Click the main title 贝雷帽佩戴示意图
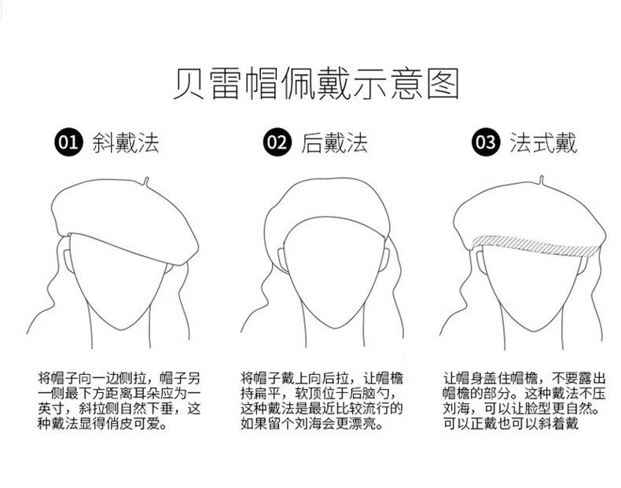pyautogui.click(x=316, y=83)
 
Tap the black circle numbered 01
pyautogui.click(x=68, y=142)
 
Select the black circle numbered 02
pyautogui.click(x=277, y=142)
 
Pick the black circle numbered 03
pyautogui.click(x=486, y=142)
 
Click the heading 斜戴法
pyautogui.click(x=126, y=142)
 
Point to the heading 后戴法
pyautogui.click(x=335, y=142)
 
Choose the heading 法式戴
pyautogui.click(x=543, y=142)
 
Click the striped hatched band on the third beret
pyautogui.click(x=537, y=246)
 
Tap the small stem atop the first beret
pyautogui.click(x=146, y=182)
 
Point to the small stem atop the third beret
pyautogui.click(x=542, y=180)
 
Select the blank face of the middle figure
pyautogui.click(x=335, y=273)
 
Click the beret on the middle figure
pyautogui.click(x=327, y=206)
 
